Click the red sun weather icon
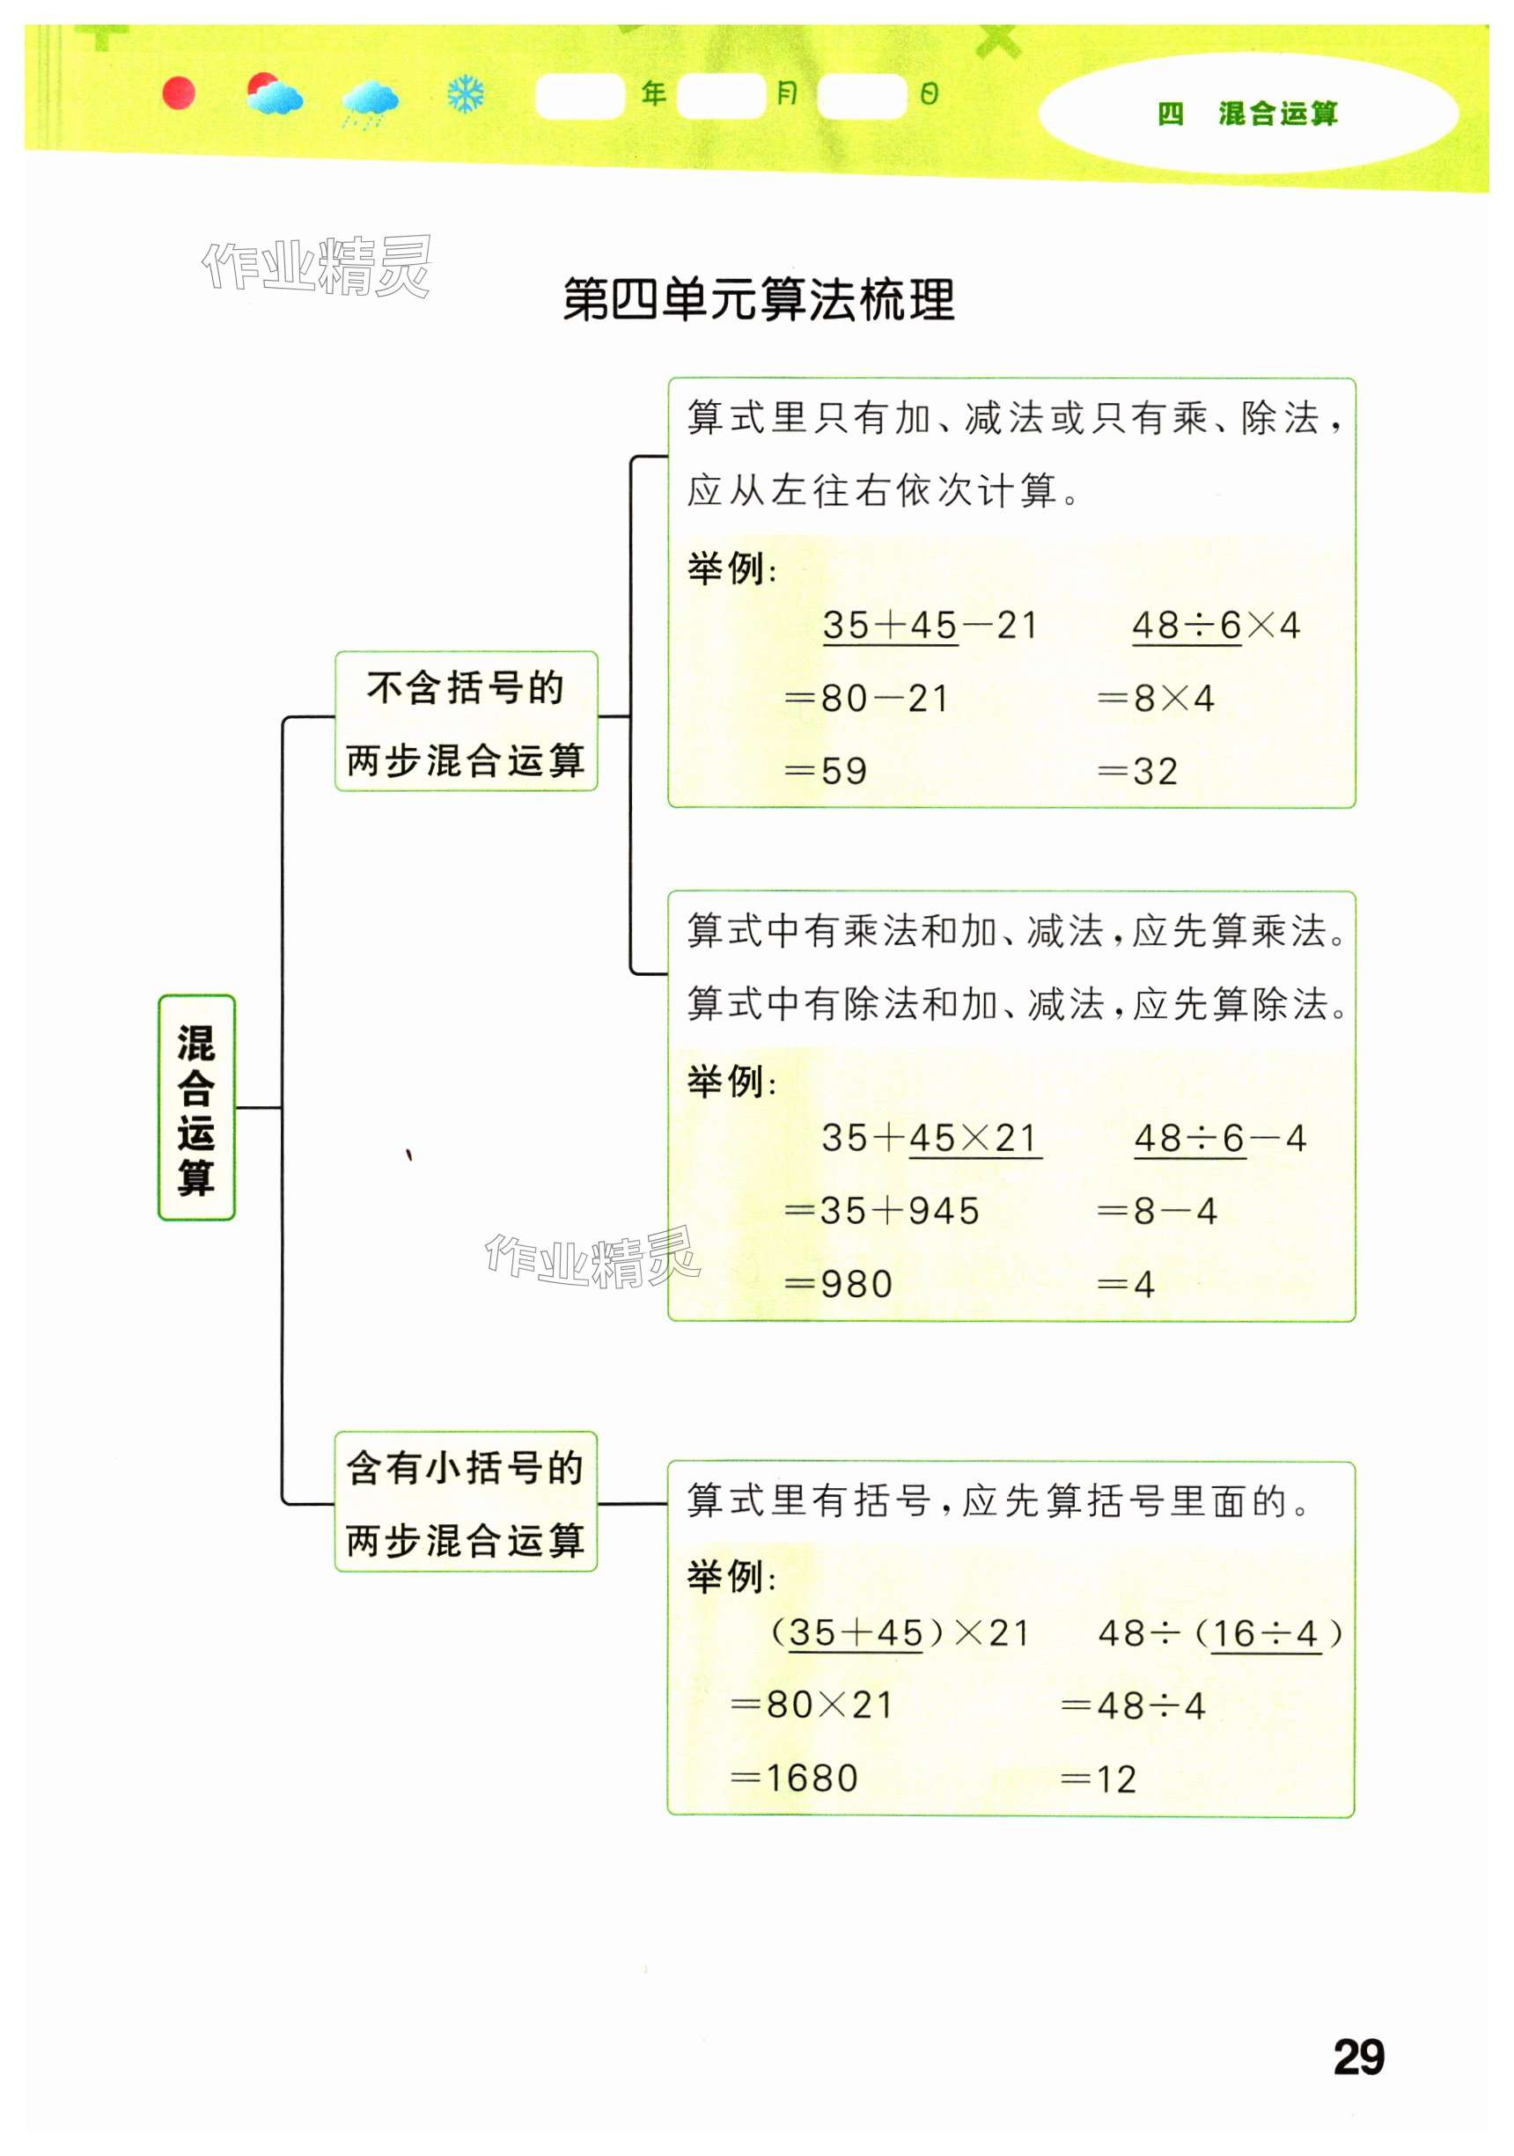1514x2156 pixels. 179,94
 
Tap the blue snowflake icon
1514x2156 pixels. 465,95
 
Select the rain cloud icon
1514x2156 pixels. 370,100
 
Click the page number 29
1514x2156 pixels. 1358,2057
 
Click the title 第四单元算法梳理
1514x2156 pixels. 758,299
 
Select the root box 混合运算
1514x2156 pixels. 196,1107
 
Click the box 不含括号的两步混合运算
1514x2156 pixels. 466,722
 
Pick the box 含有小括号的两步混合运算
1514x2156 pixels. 466,1501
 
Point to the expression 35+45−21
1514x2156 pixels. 929,626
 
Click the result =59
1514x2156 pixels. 826,771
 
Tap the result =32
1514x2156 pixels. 1137,771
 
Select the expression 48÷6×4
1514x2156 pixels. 1216,626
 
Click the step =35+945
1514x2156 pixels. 882,1210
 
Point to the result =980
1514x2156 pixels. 838,1284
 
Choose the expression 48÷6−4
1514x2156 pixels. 1219,1138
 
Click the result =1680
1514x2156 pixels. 795,1778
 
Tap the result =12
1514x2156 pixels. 1099,1778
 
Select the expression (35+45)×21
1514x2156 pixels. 900,1633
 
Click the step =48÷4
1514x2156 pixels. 1133,1705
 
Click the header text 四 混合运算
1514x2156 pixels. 1247,114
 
